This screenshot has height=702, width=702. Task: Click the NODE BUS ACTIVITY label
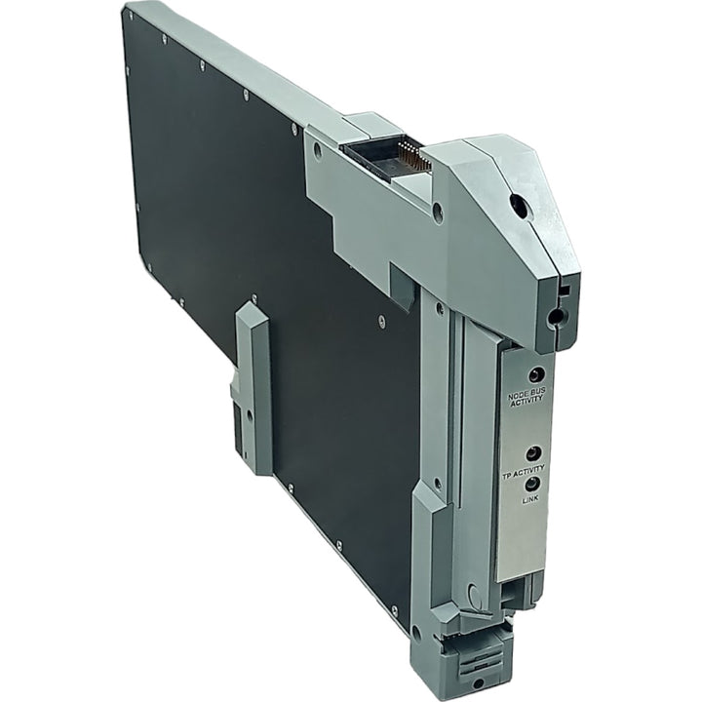point(526,396)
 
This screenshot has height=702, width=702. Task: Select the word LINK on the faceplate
point(530,499)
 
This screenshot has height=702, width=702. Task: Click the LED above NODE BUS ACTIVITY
point(537,373)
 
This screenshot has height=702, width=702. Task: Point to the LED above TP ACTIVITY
point(533,453)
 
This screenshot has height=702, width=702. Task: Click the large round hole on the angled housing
point(520,204)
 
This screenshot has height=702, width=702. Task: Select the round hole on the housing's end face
point(556,317)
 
